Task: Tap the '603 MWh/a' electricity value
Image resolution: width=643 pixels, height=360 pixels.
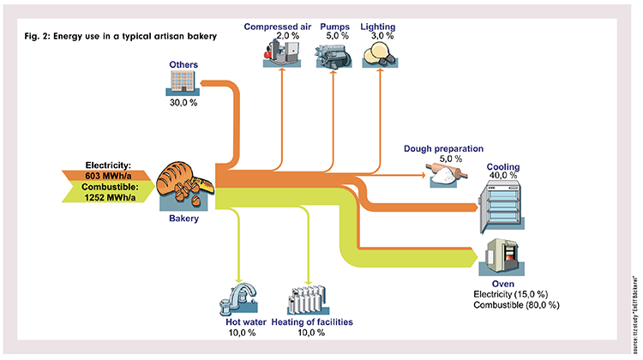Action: click(108, 176)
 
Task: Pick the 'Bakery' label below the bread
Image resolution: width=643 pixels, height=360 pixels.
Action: click(184, 219)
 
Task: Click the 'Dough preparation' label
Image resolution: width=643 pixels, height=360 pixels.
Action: click(444, 148)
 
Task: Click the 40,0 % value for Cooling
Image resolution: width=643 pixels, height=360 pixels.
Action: click(502, 175)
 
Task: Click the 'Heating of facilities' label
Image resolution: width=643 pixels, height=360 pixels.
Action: click(312, 323)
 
